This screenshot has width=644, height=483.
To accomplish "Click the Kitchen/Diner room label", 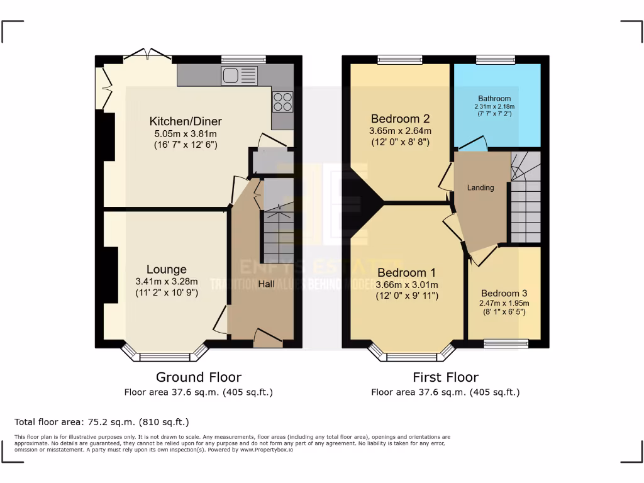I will click(x=186, y=121).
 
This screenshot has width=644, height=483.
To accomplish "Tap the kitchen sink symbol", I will click(x=239, y=75).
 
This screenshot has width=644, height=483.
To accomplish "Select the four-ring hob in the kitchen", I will click(x=282, y=101).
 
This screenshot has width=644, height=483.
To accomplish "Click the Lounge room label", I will click(x=167, y=270).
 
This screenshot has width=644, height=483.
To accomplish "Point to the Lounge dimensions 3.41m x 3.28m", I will click(x=167, y=282).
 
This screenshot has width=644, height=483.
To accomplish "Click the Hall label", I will click(x=266, y=284).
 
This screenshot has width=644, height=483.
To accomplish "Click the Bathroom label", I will click(x=494, y=99).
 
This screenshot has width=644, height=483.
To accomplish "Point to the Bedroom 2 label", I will click(x=400, y=119).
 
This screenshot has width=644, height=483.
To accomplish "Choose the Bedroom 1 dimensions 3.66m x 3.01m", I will click(x=407, y=285).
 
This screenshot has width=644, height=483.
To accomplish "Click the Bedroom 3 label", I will click(x=504, y=293).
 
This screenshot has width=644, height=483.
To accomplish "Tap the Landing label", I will click(x=480, y=187).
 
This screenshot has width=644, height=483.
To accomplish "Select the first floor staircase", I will click(x=525, y=201).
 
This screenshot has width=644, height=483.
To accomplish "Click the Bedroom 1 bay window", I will click(x=412, y=355).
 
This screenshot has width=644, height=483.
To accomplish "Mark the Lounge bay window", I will click(x=165, y=355).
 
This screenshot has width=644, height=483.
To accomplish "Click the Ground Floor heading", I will click(x=198, y=377).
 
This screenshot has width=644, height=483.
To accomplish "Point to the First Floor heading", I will click(x=445, y=377).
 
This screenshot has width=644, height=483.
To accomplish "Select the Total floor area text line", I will click(x=101, y=422).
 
